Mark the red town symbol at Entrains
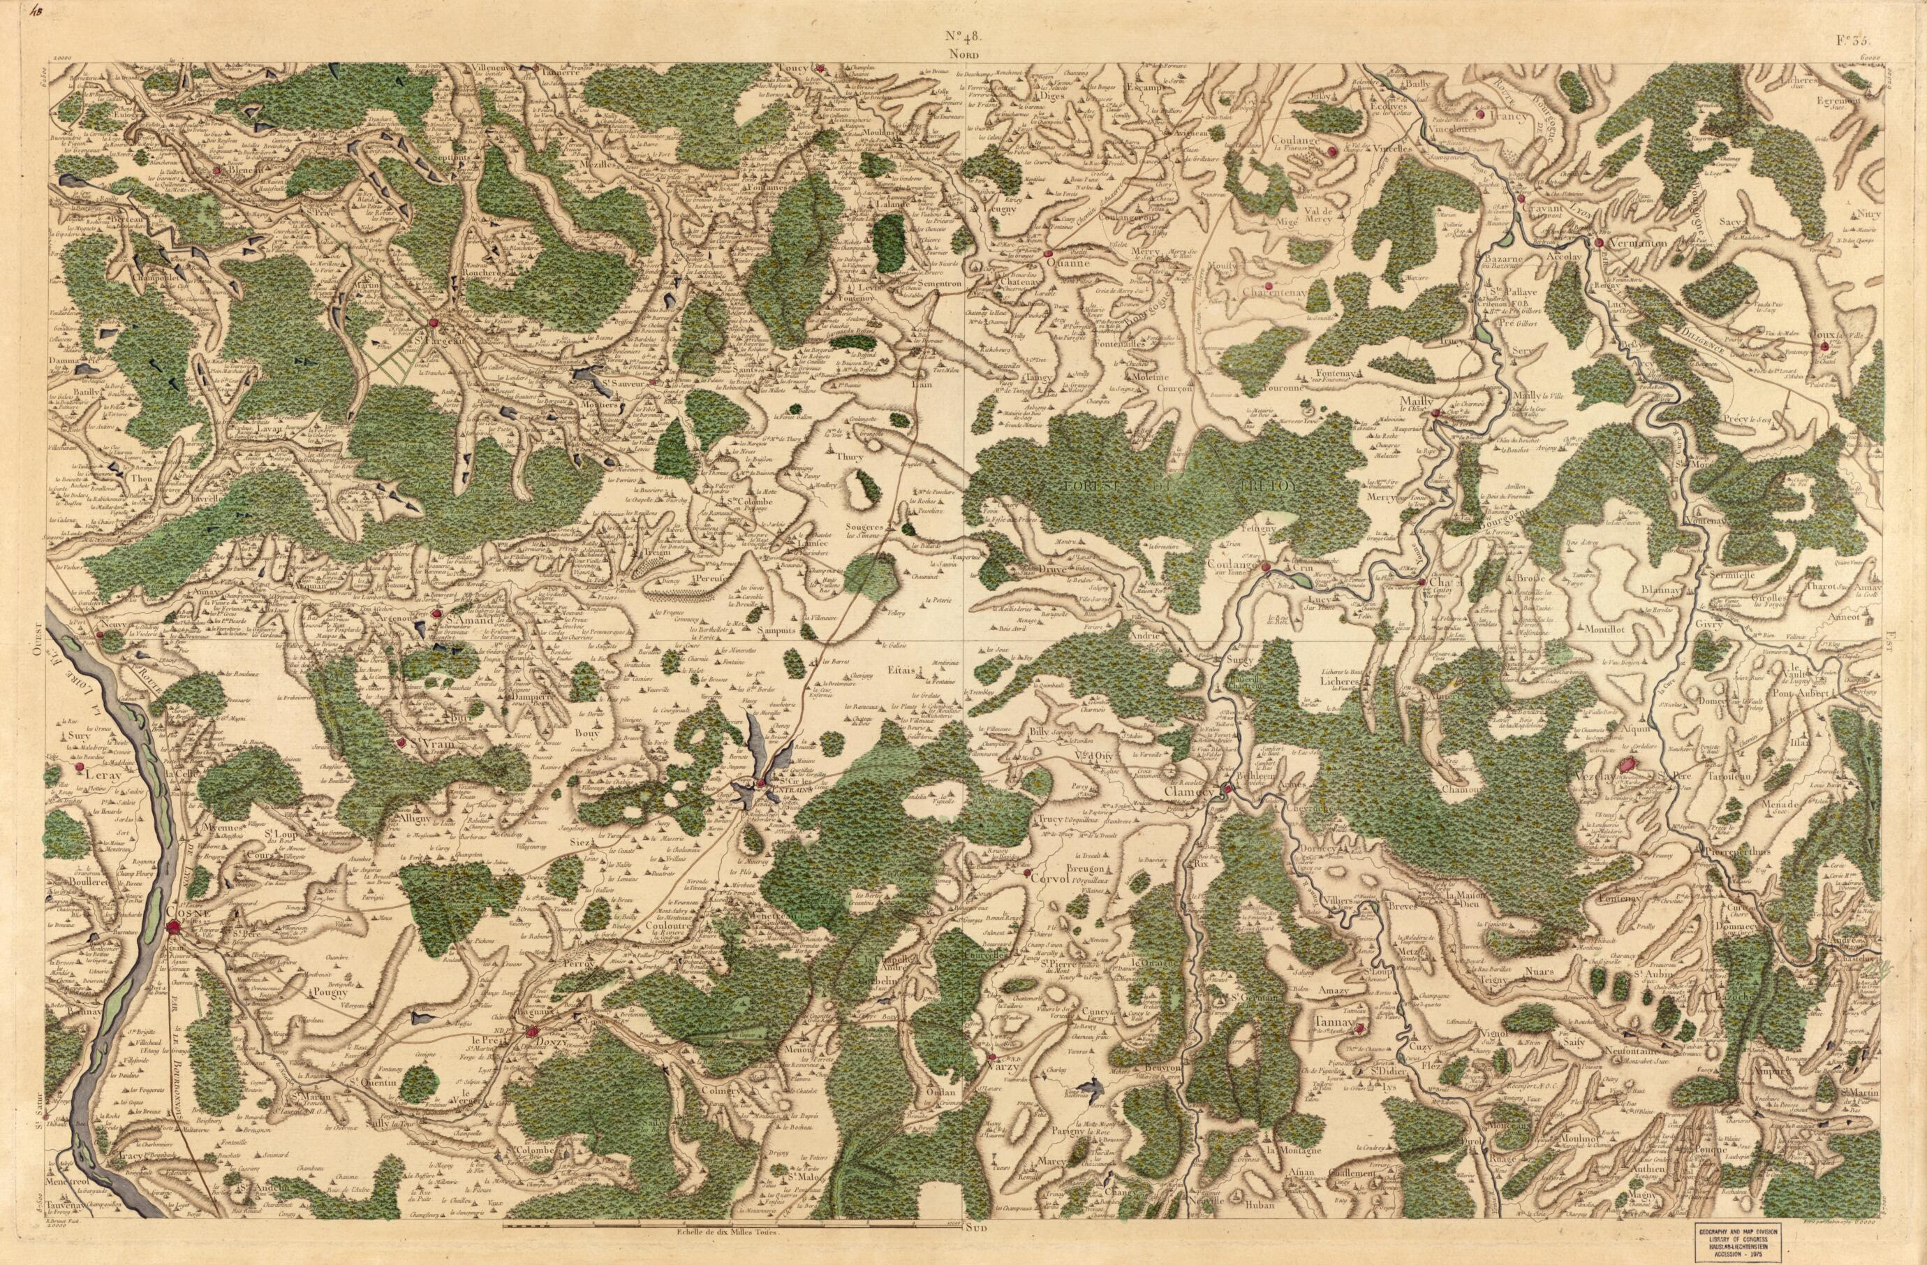click(x=762, y=783)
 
